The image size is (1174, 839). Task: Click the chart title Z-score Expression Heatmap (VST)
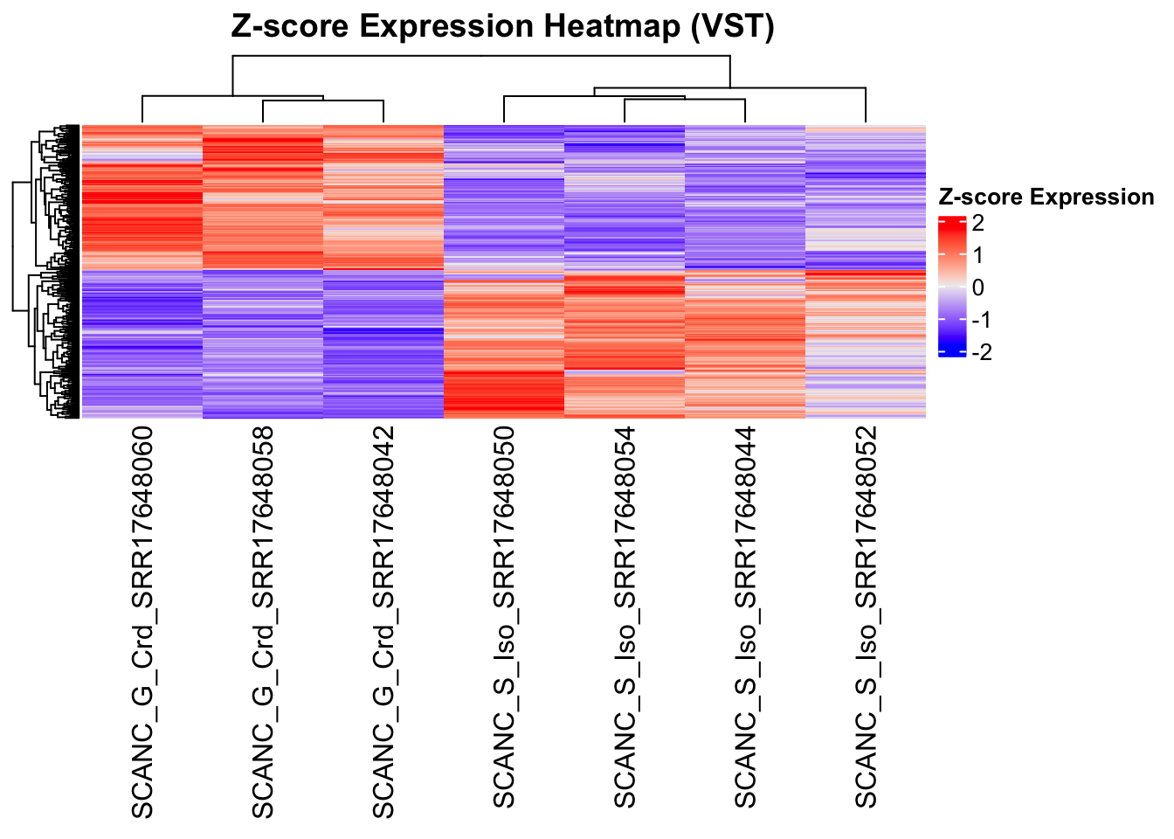coord(502,27)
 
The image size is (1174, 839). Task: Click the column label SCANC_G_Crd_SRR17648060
coord(142,622)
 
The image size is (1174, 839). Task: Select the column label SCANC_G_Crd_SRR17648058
coord(263,622)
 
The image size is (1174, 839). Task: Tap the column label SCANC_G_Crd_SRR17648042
coord(383,622)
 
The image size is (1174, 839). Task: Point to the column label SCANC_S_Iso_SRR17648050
coord(504,622)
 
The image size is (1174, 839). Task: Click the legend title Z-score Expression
coord(1046,198)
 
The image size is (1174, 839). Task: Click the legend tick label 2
coord(977,223)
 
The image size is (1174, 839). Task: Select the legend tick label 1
coord(977,255)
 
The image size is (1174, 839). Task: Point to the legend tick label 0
coord(977,288)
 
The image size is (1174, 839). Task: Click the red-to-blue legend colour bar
coord(951,287)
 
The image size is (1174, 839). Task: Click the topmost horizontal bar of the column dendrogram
coord(480,56)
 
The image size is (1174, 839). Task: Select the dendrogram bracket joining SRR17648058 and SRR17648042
coord(323,101)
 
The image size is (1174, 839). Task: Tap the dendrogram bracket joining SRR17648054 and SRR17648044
coord(685,101)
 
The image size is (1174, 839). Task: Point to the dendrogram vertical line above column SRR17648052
coord(866,105)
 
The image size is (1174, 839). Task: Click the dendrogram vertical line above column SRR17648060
coord(142,109)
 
